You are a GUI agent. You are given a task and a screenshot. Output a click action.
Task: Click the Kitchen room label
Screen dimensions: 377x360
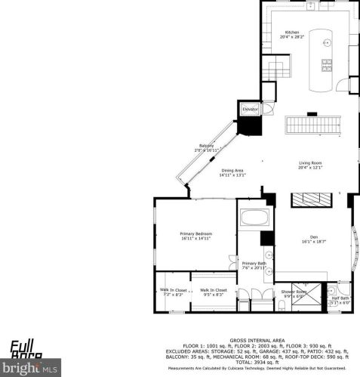pyautogui.click(x=291, y=32)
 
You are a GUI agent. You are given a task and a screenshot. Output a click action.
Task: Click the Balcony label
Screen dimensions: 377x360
pyautogui.click(x=207, y=146)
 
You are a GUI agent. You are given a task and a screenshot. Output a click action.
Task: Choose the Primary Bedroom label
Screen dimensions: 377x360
pyautogui.click(x=195, y=234)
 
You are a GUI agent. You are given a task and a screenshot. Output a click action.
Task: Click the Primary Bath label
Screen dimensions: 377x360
pyautogui.click(x=254, y=263)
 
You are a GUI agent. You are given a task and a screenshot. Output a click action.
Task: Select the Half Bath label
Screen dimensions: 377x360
pyautogui.click(x=340, y=298)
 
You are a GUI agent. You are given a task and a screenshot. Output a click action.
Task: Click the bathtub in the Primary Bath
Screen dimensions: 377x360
pyautogui.click(x=254, y=221)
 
